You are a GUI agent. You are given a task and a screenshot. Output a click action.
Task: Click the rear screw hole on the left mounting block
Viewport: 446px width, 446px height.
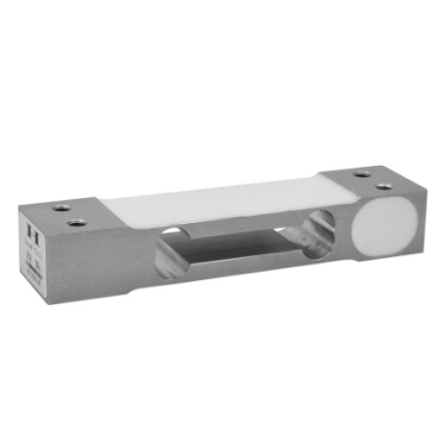pos(62,207)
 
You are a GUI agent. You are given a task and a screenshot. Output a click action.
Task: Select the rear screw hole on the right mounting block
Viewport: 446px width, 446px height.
pos(360,175)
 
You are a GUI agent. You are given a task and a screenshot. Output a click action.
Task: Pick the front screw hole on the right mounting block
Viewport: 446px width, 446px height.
pos(384,186)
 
